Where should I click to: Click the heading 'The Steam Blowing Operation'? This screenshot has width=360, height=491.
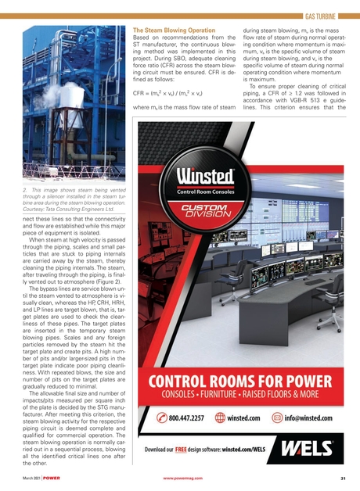174,27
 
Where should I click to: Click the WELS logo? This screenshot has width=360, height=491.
316,450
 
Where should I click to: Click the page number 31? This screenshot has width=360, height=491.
342,476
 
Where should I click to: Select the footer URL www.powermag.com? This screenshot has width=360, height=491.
184,476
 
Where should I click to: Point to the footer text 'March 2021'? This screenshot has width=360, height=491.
31,476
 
